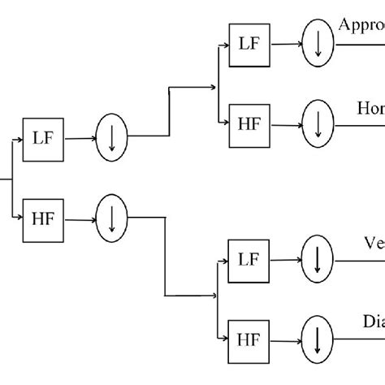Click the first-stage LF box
point(42,139)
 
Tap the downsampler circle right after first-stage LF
point(111,138)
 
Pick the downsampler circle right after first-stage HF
point(111,217)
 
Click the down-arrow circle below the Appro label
point(318,44)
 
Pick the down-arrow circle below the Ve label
point(318,260)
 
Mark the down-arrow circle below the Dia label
point(318,336)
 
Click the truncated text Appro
point(362,25)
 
